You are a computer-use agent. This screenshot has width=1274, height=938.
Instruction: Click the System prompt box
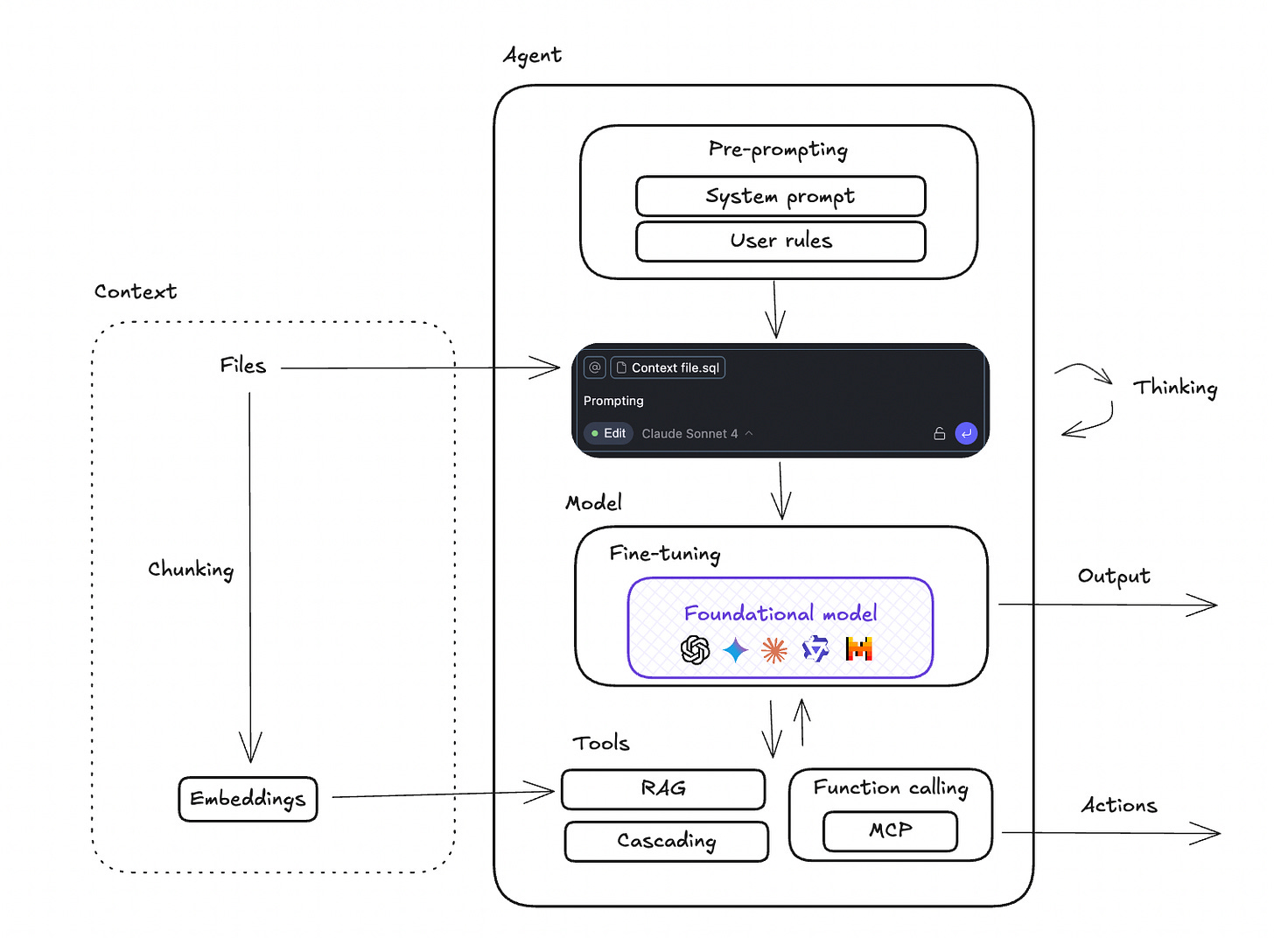(x=780, y=196)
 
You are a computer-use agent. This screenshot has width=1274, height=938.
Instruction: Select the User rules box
(x=780, y=241)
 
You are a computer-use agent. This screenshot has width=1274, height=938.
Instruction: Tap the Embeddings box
(x=248, y=799)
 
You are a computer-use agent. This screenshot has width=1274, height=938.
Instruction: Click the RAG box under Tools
(x=663, y=789)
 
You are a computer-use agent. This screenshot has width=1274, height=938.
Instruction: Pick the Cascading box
(x=666, y=842)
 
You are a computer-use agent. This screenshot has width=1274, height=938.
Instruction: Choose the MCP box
(x=890, y=831)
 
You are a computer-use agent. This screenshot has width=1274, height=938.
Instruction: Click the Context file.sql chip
(x=668, y=367)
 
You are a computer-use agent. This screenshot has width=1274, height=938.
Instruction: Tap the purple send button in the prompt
(x=966, y=433)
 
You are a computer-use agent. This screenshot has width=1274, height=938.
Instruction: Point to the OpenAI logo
(x=695, y=649)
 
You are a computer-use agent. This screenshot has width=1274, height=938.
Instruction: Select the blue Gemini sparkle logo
(x=736, y=650)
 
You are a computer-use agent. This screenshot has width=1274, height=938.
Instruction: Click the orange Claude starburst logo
(x=774, y=650)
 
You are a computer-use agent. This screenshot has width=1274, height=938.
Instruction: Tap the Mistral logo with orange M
(x=859, y=648)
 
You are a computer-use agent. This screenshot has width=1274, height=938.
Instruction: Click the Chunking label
(x=191, y=570)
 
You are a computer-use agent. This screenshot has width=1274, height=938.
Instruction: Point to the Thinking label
(x=1174, y=388)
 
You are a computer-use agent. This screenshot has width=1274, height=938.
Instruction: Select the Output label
(x=1113, y=576)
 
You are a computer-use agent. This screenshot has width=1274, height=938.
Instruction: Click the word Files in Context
(x=242, y=366)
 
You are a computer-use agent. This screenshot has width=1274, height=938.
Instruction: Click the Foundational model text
(x=780, y=613)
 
